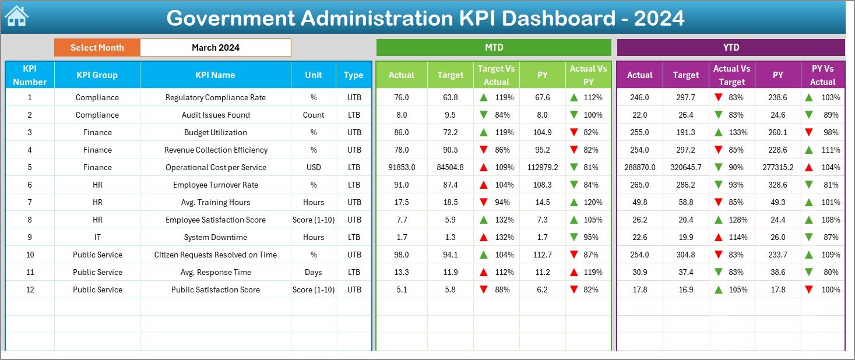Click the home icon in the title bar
pyautogui.click(x=16, y=16)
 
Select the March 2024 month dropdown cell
pyautogui.click(x=215, y=48)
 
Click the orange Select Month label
pyautogui.click(x=97, y=48)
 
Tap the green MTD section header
pyautogui.click(x=494, y=48)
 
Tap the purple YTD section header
pyautogui.click(x=730, y=48)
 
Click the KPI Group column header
pyautogui.click(x=97, y=75)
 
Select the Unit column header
pyautogui.click(x=314, y=75)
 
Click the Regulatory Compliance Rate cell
pyautogui.click(x=215, y=97)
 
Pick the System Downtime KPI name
pyautogui.click(x=215, y=237)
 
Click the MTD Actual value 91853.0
pyautogui.click(x=402, y=167)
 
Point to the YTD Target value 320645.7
pyautogui.click(x=685, y=167)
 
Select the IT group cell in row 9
pyautogui.click(x=97, y=237)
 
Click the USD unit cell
pyautogui.click(x=314, y=167)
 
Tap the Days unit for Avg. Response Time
pyautogui.click(x=314, y=272)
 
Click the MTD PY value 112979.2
pyautogui.click(x=542, y=167)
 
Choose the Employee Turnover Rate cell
pyautogui.click(x=215, y=185)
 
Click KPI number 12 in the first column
pyautogui.click(x=30, y=290)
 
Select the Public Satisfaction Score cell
pyautogui.click(x=215, y=290)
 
